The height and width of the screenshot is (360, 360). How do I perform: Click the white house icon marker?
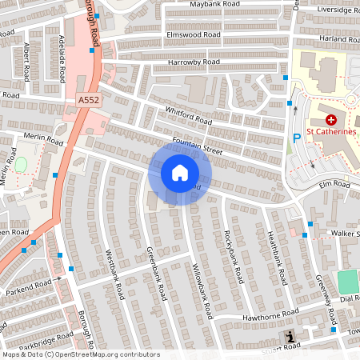point(179,172)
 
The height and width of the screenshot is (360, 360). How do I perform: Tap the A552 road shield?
point(89,99)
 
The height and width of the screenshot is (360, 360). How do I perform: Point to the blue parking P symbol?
point(297,138)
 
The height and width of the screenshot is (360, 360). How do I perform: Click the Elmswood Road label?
point(194,35)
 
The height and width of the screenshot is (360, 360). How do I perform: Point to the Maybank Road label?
point(214,5)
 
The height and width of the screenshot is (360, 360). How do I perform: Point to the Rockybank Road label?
point(233,257)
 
